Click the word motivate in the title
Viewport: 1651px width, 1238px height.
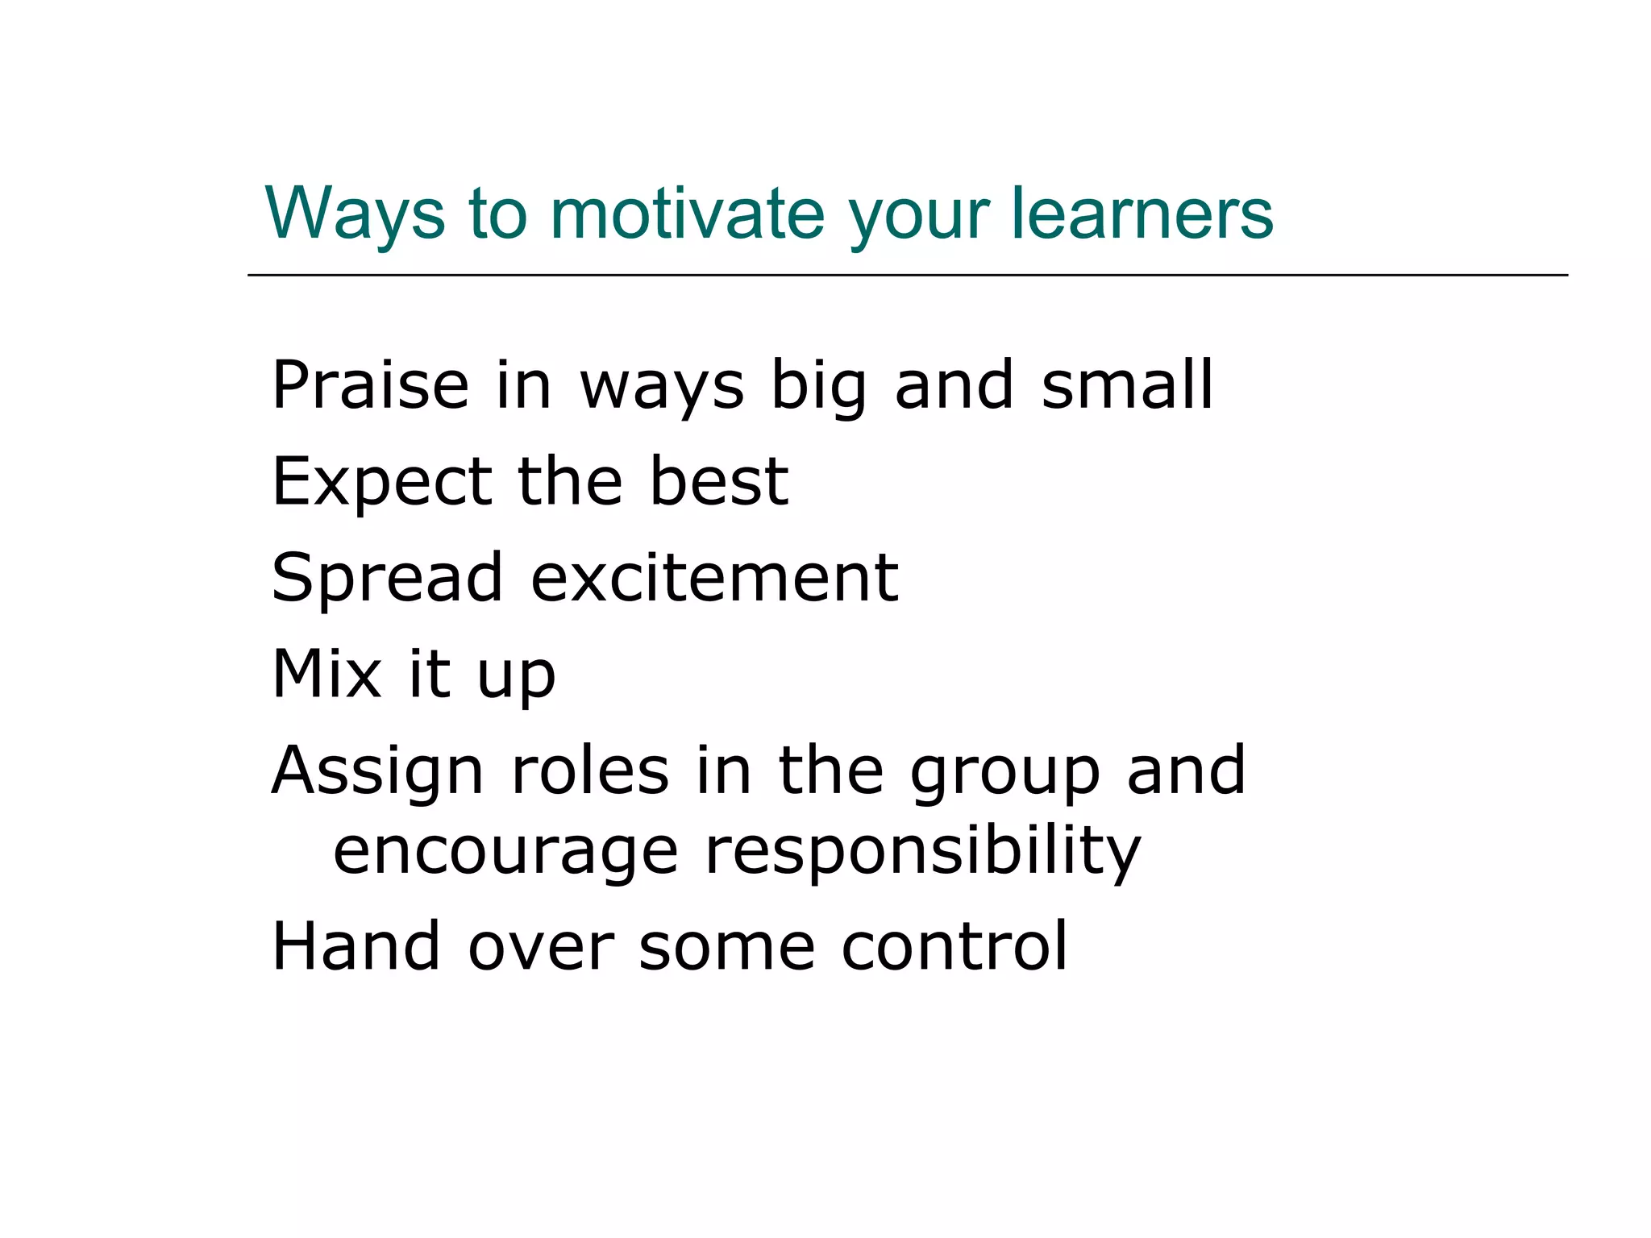[x=687, y=214]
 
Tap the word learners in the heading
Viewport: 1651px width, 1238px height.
[x=1142, y=214]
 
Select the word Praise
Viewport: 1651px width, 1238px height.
[x=370, y=385]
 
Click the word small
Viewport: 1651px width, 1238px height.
[x=1126, y=385]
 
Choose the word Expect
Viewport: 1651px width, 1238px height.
[x=381, y=483]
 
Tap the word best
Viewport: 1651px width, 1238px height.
[x=719, y=481]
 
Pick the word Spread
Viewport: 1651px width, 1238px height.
[x=388, y=579]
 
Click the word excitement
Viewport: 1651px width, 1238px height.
[x=714, y=578]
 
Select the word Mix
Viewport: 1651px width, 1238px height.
[x=326, y=674]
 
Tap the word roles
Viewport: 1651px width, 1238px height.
[x=590, y=771]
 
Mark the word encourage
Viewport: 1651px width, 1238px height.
[x=506, y=853]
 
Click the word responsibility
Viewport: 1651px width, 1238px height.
[x=922, y=853]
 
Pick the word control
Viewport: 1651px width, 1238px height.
[x=954, y=946]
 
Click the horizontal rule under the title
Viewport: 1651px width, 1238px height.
[x=908, y=276]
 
